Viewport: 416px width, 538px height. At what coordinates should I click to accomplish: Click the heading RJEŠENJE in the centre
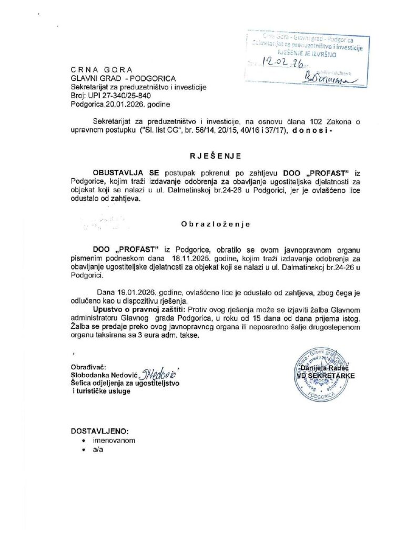point(208,156)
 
